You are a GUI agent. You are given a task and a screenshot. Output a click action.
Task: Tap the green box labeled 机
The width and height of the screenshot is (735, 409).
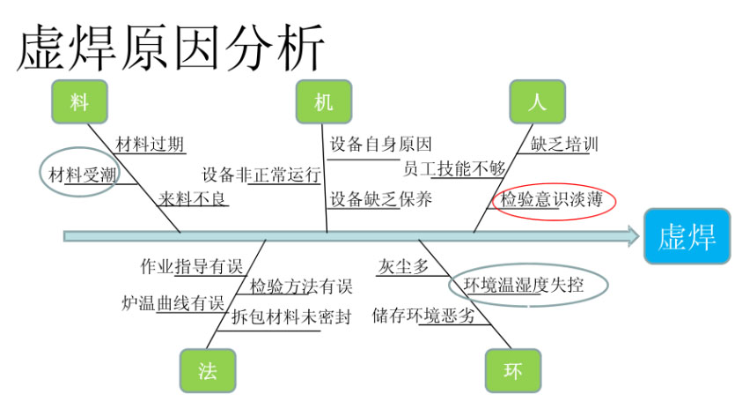coord(324,102)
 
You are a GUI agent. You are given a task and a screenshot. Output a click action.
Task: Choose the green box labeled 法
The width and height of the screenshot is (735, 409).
coord(208,370)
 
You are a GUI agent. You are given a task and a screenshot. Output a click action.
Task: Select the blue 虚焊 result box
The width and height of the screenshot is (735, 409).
coord(687,236)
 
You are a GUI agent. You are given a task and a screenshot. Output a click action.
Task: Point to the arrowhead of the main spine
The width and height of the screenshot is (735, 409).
coord(630,235)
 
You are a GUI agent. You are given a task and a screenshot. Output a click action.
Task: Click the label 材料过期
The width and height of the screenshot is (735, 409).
coord(150,143)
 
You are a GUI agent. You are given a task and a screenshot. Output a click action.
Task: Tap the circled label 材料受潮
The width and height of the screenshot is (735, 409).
coord(81,174)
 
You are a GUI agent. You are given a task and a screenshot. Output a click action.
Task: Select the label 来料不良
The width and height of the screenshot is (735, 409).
coord(193,199)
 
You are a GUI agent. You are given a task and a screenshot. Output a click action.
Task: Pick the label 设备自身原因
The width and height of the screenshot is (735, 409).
coord(381,144)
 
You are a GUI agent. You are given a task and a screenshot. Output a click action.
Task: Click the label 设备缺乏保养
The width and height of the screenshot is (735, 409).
coord(381,199)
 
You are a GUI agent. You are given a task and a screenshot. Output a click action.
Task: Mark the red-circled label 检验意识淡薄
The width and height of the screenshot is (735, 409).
coord(552,200)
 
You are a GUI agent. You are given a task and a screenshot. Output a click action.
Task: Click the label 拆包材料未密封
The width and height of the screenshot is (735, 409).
coord(291,316)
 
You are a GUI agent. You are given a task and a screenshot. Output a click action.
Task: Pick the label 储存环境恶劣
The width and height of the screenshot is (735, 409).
coord(423,315)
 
